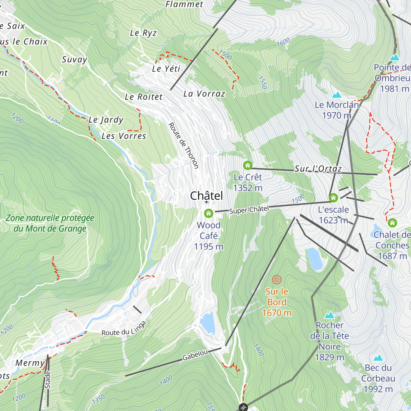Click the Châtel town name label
[207, 196]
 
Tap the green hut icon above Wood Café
[208, 213]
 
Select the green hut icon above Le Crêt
[247, 165]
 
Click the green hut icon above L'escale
[333, 198]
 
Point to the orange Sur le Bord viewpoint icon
[277, 279]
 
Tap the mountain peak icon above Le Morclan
[337, 95]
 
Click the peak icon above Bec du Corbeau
[378, 358]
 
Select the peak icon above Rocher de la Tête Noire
[329, 315]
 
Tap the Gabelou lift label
[195, 355]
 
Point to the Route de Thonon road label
[184, 146]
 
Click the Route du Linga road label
[124, 329]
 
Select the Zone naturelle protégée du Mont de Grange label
[50, 223]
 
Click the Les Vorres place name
[124, 136]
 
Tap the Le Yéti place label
[166, 69]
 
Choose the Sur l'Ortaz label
[318, 169]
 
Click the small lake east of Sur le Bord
[314, 259]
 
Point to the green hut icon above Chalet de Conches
[392, 223]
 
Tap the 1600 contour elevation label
[283, 42]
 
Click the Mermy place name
[30, 363]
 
